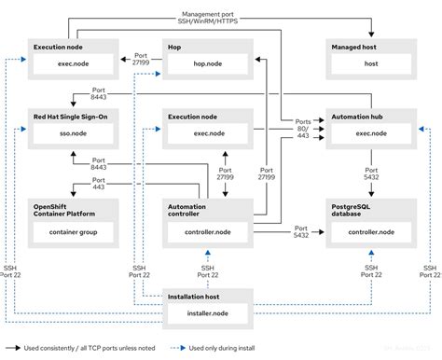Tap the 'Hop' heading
click(x=175, y=46)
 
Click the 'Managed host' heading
click(x=353, y=46)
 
